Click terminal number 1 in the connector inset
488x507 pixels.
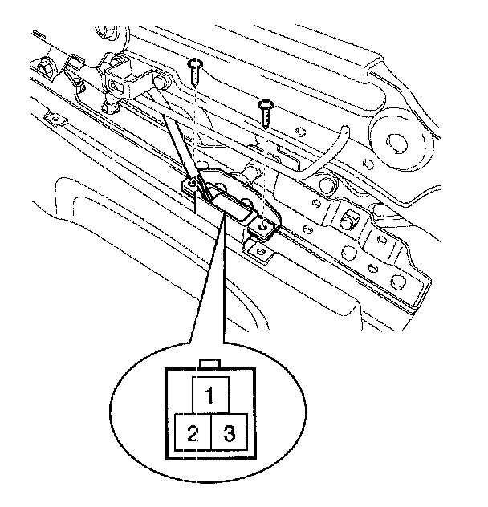(x=209, y=395)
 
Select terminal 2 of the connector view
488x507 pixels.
(x=192, y=434)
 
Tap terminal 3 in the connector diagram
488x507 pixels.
(x=228, y=434)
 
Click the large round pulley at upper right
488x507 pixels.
(x=397, y=141)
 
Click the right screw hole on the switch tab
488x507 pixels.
(x=262, y=227)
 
